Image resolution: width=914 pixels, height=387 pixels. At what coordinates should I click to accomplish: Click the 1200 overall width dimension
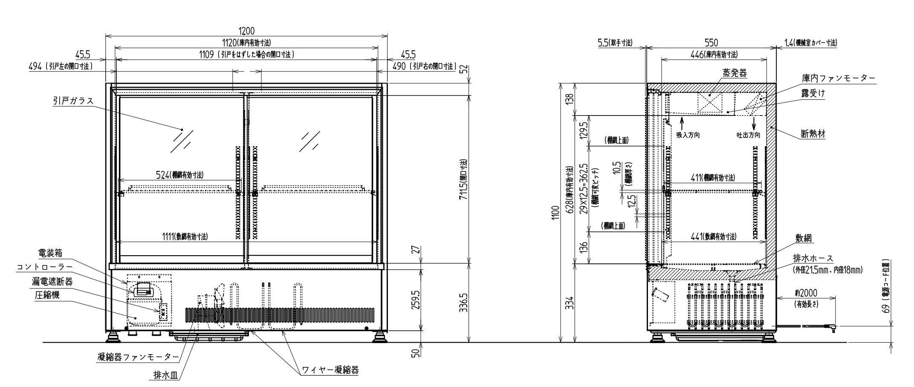point(246,31)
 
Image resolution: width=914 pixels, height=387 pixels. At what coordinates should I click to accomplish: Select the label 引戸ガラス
point(73,101)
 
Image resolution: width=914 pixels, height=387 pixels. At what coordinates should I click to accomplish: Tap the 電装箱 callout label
point(50,253)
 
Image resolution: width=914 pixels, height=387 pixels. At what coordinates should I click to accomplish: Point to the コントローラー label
point(44,267)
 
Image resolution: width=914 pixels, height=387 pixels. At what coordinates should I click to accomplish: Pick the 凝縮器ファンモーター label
point(138,357)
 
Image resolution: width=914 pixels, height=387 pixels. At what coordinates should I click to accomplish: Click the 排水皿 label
point(165,375)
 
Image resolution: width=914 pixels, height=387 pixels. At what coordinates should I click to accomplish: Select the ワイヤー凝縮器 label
point(330,370)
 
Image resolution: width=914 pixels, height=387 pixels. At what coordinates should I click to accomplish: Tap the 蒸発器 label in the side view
point(735,73)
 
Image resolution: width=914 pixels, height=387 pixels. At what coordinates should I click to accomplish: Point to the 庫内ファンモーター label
point(838,78)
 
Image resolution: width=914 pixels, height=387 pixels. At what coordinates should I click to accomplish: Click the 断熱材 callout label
point(813,134)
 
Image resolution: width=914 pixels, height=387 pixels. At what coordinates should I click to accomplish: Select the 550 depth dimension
point(711,43)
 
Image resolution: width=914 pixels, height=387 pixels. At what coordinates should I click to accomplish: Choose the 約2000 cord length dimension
point(806,293)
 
